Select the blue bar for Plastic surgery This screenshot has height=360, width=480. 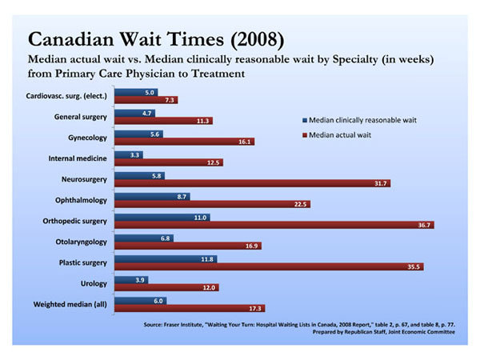coord(166,258)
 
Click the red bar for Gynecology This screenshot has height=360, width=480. coord(184,142)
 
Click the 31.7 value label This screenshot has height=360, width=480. coord(382,184)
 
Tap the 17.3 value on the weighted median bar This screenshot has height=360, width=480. coord(256,308)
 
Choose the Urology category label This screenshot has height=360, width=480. coord(94,283)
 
